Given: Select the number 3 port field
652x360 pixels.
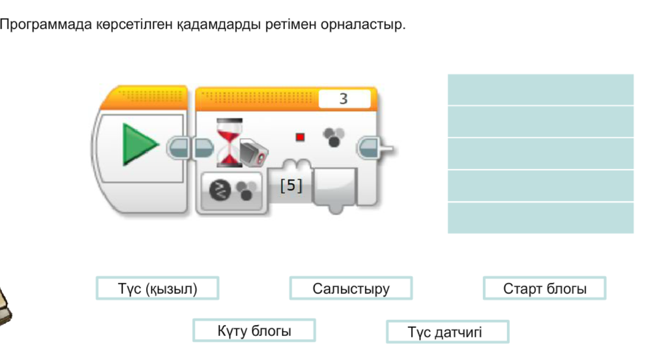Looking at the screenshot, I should [344, 99].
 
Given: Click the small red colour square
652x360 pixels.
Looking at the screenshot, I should [300, 137].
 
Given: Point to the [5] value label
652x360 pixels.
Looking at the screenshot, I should [291, 186].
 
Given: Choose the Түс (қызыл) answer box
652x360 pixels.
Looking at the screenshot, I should [157, 289].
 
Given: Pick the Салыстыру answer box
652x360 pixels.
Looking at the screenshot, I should [351, 289].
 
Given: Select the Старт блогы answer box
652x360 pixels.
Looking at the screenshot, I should [544, 289].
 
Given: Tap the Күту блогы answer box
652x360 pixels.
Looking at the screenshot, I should [254, 331].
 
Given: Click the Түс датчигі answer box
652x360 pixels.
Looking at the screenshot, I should [447, 332].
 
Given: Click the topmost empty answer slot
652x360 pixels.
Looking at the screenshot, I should [541, 89].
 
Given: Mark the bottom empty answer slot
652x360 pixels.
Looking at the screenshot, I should [541, 218].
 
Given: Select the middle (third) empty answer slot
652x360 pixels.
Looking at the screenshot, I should [541, 154].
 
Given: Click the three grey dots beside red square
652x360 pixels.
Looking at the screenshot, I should [333, 137].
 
